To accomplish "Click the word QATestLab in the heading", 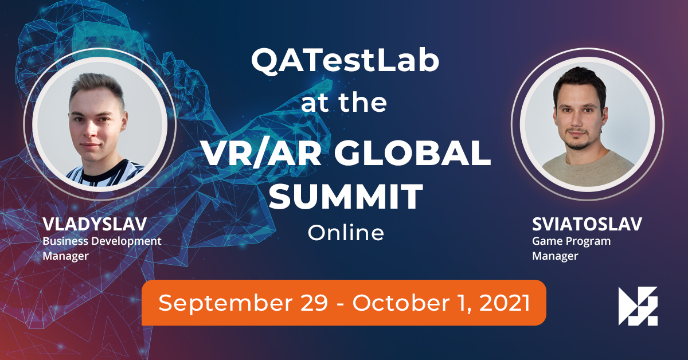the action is pyautogui.click(x=345, y=61).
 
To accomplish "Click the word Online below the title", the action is pyautogui.click(x=346, y=233).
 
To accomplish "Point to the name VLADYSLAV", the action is pyautogui.click(x=95, y=224).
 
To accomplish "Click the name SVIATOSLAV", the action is pyautogui.click(x=587, y=224).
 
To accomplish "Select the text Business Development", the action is pyautogui.click(x=102, y=241).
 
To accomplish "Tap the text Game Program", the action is pyautogui.click(x=571, y=241).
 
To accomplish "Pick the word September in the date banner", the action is pyautogui.click(x=225, y=303).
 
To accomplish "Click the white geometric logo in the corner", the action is pyautogui.click(x=638, y=306).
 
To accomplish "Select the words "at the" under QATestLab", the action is pyautogui.click(x=344, y=103).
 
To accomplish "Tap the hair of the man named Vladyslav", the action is pyautogui.click(x=97, y=87).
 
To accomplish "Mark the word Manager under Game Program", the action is pyautogui.click(x=555, y=256).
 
